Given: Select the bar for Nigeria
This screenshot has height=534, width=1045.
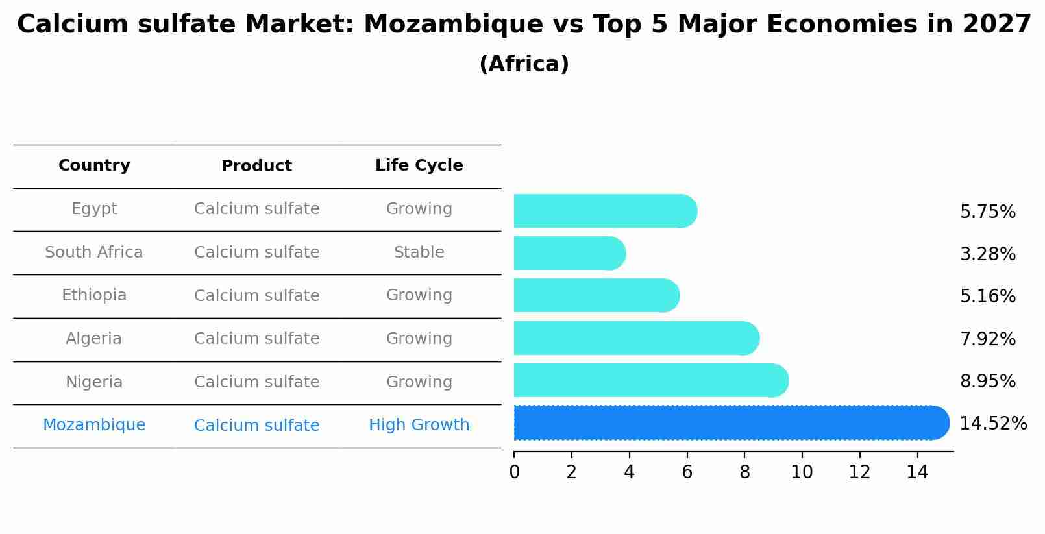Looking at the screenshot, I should (649, 381).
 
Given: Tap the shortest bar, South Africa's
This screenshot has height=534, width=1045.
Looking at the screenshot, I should (568, 253).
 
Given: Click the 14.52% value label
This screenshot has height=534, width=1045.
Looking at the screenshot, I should (993, 424).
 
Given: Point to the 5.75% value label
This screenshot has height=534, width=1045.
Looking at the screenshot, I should (987, 212).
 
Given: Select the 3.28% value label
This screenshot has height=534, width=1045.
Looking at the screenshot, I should (987, 254).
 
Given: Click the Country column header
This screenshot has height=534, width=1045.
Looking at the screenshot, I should (94, 165).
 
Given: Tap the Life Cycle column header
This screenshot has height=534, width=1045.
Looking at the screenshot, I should (419, 165).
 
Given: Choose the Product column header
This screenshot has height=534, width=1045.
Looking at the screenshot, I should (256, 166).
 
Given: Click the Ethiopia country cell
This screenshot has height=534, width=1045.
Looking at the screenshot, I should (94, 295).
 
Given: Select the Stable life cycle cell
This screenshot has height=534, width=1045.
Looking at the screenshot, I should (419, 252).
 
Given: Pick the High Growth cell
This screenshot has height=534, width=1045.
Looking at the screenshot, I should (419, 425).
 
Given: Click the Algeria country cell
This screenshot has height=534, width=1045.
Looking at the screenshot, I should (93, 339).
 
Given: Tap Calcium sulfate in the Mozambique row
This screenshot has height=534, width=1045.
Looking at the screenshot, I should (256, 426).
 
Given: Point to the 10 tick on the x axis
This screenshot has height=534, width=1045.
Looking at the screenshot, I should (802, 472).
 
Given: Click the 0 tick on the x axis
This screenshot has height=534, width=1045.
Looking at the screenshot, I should (514, 472).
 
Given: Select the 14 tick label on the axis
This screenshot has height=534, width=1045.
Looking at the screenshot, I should (917, 472).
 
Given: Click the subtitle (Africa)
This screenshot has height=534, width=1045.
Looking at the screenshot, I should (524, 64).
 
